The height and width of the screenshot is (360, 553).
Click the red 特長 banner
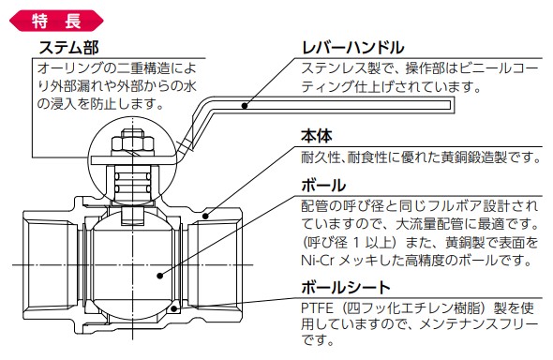pyautogui.click(x=56, y=21)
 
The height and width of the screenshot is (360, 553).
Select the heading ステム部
pyautogui.click(x=68, y=47)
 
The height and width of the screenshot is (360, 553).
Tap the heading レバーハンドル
pyautogui.click(x=353, y=47)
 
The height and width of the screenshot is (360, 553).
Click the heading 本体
pyautogui.click(x=317, y=136)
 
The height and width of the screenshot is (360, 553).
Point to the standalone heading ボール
pyautogui.click(x=323, y=186)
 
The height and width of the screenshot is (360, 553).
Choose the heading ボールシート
pyautogui.click(x=346, y=288)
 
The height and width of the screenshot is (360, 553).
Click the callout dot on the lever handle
pyautogui.click(x=245, y=105)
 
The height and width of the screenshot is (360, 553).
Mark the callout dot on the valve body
pyautogui.click(x=205, y=216)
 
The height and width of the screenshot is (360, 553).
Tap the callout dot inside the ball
pyautogui.click(x=159, y=276)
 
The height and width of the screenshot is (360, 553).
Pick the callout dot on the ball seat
pyautogui.click(x=174, y=308)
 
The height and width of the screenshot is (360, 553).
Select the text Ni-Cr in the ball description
pyautogui.click(x=317, y=261)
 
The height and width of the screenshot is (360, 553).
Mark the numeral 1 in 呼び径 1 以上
pyautogui.click(x=357, y=243)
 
